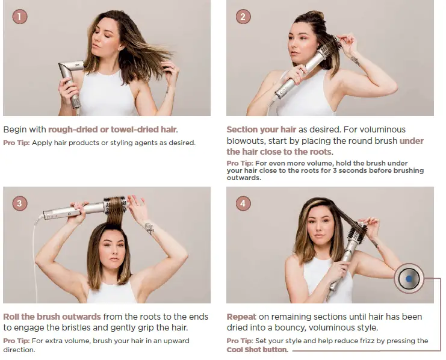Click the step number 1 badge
coord(20,16)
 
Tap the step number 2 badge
coord(243,16)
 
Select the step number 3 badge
coord(20,203)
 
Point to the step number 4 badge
coord(243,203)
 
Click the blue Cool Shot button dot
coord(409,279)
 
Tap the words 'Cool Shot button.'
coord(257,350)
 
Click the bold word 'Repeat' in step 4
coord(241,317)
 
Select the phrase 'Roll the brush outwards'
coord(52,317)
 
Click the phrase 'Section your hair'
coord(261,130)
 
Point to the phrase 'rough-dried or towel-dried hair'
coord(113,129)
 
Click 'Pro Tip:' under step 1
coord(16,143)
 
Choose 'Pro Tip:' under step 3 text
coord(16,341)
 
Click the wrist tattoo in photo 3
coord(149,228)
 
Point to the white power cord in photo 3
coord(36,256)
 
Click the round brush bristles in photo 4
coord(356,231)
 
